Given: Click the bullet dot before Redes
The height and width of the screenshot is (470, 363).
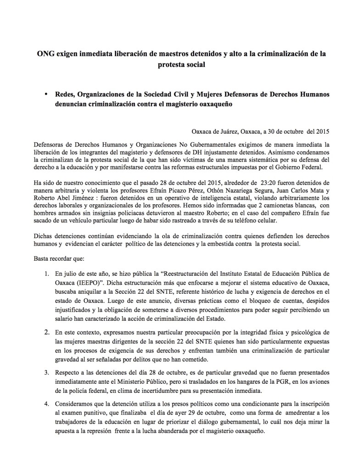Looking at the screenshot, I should pos(47,94).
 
